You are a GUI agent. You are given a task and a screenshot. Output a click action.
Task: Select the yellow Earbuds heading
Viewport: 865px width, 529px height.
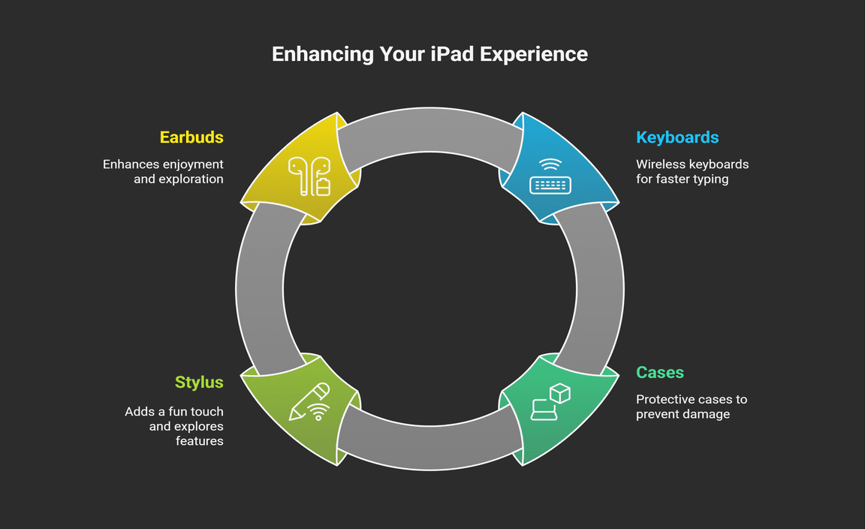coord(191,137)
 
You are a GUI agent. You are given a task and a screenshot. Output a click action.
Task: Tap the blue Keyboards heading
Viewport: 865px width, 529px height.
coord(677,138)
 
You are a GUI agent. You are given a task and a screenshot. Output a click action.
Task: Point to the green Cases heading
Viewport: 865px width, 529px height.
coord(660,372)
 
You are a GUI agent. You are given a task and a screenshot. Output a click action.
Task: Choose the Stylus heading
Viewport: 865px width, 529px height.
coord(199,382)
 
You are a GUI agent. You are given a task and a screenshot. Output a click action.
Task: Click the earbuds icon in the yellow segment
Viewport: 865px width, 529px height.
coord(309,176)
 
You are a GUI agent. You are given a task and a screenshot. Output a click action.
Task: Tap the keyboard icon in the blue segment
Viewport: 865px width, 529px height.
coord(550,185)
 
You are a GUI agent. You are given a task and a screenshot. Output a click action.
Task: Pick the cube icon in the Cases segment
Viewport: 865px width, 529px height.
coord(560,394)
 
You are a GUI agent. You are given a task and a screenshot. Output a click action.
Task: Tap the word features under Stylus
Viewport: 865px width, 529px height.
coord(200,440)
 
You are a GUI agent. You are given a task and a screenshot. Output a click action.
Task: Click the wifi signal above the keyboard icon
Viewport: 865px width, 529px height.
coord(550,165)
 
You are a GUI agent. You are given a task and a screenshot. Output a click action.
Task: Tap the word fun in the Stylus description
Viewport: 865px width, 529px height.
coord(178,411)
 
